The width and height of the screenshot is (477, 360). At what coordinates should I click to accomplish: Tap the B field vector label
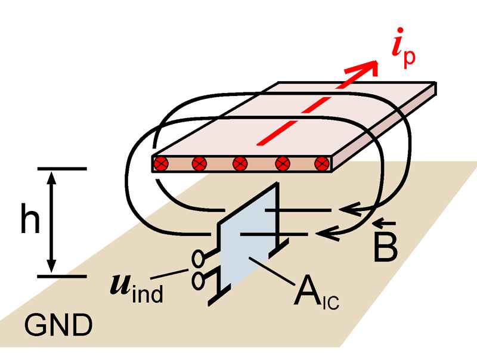(x=384, y=250)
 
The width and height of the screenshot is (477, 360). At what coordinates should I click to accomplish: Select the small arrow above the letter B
(x=384, y=224)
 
